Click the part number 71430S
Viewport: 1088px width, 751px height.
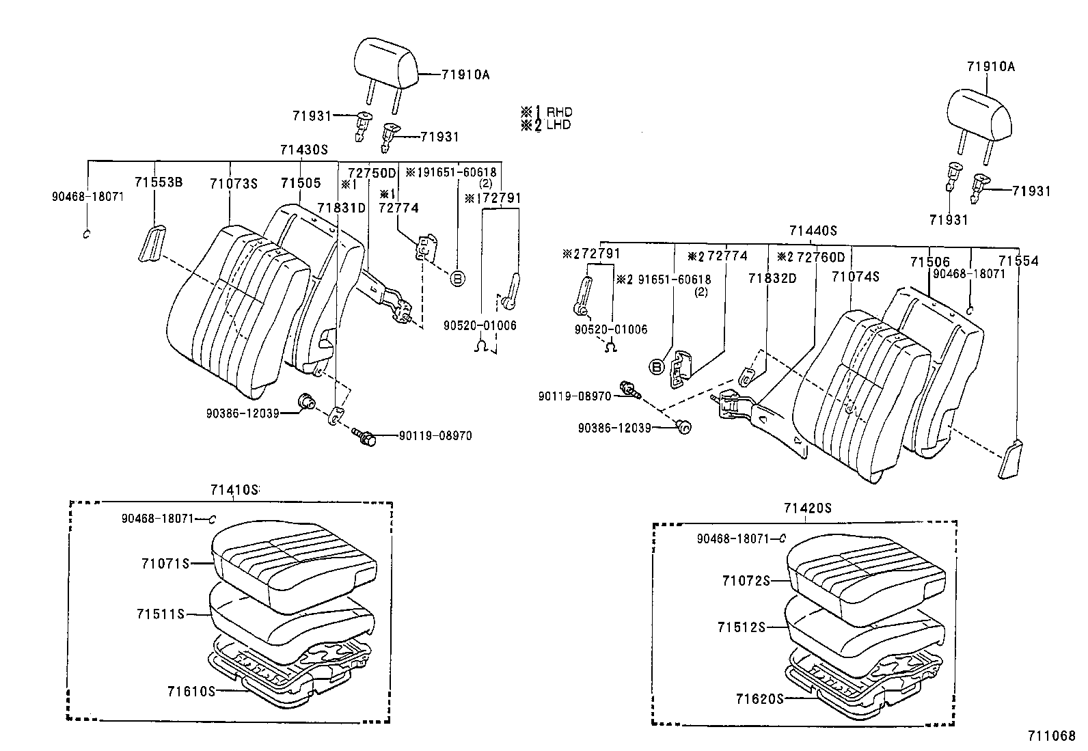point(304,150)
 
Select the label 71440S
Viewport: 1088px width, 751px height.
point(813,232)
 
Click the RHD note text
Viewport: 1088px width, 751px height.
point(559,112)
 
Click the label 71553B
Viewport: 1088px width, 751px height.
point(158,182)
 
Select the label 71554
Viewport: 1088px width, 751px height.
point(1018,261)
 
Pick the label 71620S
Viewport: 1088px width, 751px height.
point(759,699)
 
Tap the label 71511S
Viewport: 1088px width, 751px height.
point(160,614)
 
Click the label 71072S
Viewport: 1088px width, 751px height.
point(746,581)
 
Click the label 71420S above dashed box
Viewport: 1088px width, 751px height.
point(807,508)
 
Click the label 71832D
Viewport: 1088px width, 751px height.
point(772,278)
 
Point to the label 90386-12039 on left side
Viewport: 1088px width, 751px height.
point(243,413)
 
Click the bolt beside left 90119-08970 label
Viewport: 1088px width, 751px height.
point(366,435)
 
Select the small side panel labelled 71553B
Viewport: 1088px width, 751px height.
point(153,243)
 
